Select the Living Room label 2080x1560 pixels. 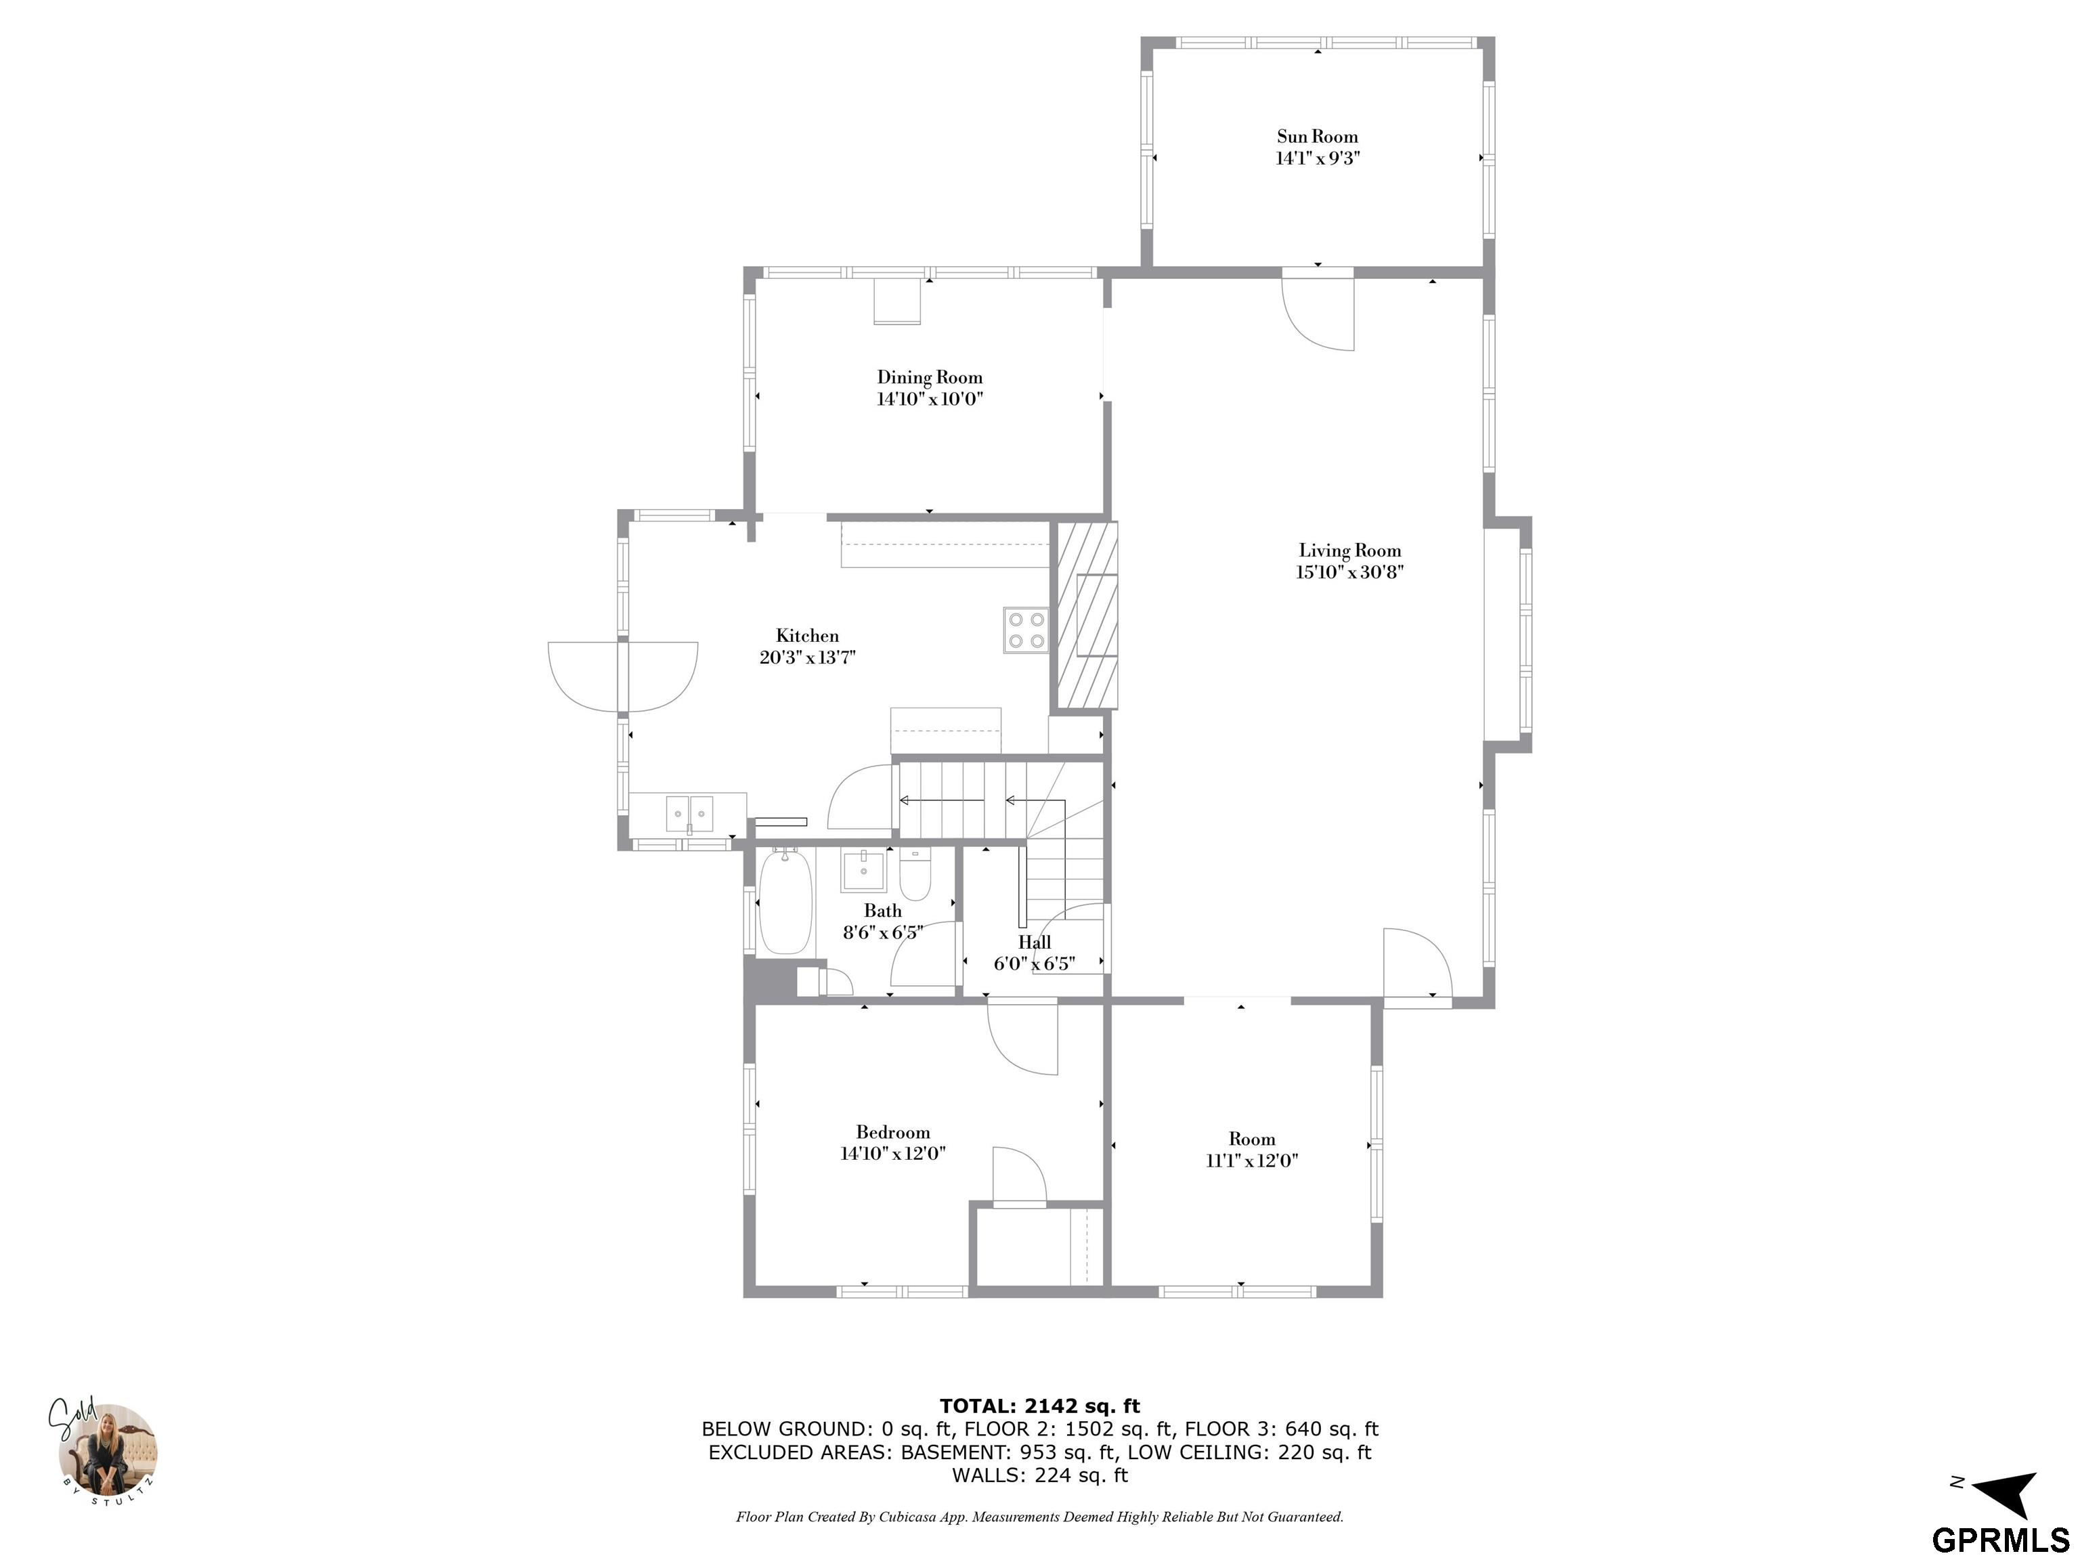1350,551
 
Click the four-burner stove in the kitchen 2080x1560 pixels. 1026,630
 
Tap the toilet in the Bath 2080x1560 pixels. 915,875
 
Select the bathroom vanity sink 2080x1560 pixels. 863,871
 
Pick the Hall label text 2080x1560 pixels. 1035,942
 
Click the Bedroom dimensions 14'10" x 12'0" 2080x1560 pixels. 892,1154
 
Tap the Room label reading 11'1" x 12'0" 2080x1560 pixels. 1251,1161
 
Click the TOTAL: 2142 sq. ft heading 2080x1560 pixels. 1040,1406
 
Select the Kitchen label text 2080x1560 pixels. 807,636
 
